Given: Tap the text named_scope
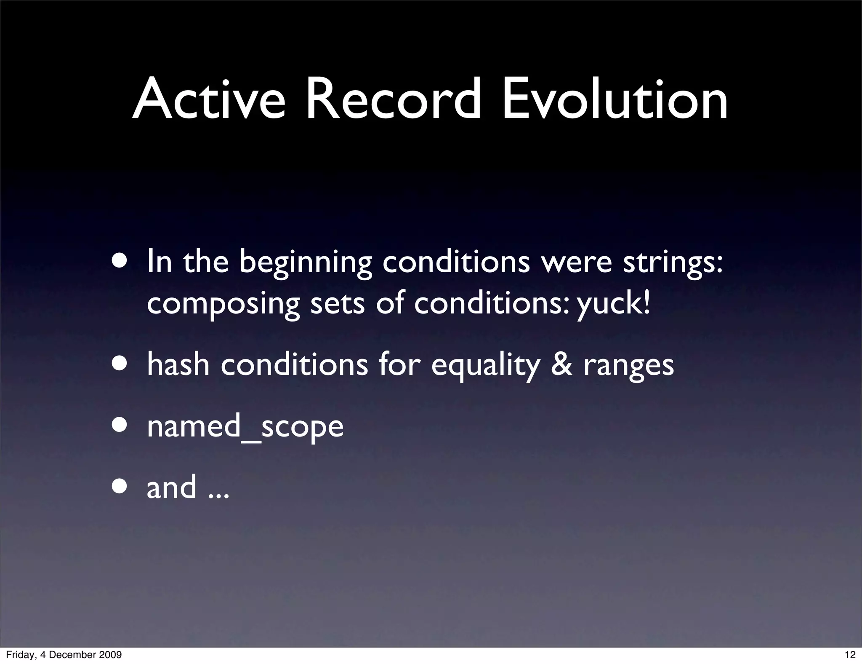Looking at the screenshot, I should [245, 426].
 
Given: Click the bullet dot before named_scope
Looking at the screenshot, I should [120, 426].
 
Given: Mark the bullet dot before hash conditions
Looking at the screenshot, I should [120, 364].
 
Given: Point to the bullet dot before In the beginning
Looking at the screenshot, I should [120, 260].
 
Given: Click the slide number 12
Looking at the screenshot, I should [850, 655].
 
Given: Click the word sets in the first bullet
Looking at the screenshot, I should [337, 304].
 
